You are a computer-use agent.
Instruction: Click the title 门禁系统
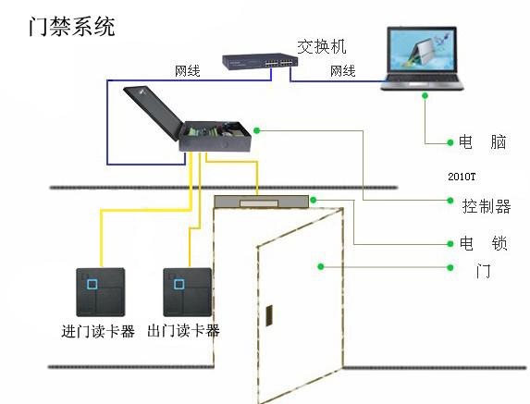pos(72,26)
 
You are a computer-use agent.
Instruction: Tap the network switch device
pos(260,61)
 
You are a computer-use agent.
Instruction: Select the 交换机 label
pos(322,46)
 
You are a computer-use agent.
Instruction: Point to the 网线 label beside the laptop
pos(343,71)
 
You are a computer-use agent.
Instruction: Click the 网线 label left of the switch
pos(188,71)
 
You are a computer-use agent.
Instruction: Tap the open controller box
pos(188,119)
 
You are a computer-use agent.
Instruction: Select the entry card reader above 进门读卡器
pos(101,292)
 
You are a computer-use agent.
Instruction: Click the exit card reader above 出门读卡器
pos(187,292)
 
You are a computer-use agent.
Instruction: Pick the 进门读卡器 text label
pos(98,331)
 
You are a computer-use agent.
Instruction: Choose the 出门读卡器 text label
pos(183,331)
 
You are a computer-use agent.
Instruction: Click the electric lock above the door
pos(261,202)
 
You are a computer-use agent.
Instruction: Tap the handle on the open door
pos(269,315)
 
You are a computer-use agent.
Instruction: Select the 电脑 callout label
pos(482,142)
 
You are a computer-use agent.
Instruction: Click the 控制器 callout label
pos(487,206)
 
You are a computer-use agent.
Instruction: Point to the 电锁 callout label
pos(484,243)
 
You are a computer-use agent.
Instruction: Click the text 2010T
pos(462,177)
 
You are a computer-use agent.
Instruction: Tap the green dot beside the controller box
pos(257,130)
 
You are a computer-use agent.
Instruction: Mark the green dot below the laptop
pos(425,96)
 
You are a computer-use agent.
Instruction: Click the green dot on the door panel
pos(321,267)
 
